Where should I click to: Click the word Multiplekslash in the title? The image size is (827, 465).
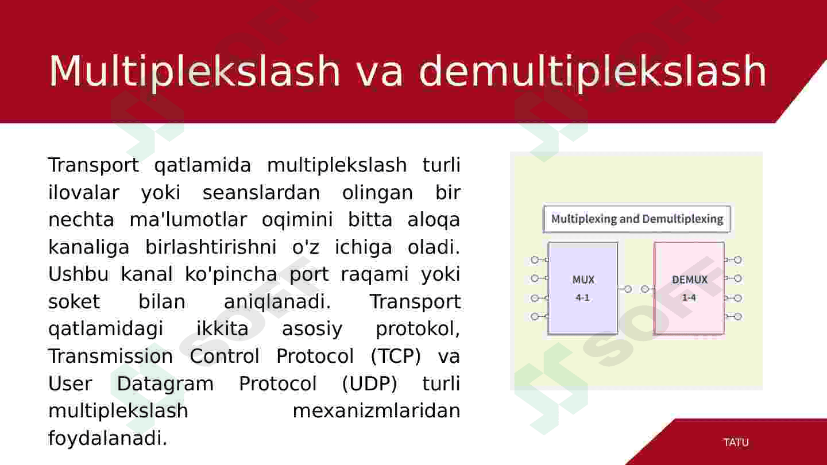194,71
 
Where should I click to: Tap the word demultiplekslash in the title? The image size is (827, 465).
593,71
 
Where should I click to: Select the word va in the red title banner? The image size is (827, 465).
379,75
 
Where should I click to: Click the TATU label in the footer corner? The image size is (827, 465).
736,442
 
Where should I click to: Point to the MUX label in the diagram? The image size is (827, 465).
583,280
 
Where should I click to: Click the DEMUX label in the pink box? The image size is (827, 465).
690,280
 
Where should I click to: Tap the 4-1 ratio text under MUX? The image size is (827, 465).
582,297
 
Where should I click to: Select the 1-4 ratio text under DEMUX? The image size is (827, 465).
689,297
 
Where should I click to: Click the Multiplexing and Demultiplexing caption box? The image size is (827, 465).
637,219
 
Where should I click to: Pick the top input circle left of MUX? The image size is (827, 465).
535,260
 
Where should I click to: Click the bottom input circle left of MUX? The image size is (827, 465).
535,316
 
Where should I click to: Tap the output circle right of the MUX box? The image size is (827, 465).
628,289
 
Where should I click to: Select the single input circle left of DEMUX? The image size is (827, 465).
644,289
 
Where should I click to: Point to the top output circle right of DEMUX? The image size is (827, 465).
737,260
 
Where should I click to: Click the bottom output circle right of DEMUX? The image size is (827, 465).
737,316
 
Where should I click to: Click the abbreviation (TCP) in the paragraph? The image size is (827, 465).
396,356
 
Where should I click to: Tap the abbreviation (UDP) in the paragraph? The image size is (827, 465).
370,384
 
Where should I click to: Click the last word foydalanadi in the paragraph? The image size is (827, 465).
108,439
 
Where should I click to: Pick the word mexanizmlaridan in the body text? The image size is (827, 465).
377,411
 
